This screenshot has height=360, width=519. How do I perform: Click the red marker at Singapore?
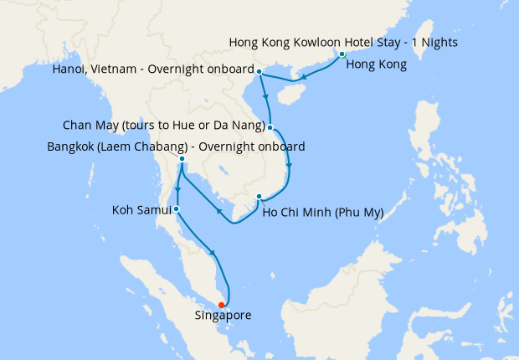221,305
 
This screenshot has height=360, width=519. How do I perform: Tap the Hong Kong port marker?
342,54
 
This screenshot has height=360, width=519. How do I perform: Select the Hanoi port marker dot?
259,71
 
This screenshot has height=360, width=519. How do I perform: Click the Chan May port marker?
270,127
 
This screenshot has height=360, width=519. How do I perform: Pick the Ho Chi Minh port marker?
259,198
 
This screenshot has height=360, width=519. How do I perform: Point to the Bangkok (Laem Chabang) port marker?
182,159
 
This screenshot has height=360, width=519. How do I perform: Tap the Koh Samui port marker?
176,208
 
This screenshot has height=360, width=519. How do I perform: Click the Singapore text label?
223,316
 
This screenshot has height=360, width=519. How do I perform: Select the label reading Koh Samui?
141,208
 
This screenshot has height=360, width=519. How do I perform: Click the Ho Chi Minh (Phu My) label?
322,213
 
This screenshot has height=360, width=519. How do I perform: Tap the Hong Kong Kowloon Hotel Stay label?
342,42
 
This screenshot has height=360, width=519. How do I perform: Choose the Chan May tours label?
163,126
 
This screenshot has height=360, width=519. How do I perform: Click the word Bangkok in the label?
72,146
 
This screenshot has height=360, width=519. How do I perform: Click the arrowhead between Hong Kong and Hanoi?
303,78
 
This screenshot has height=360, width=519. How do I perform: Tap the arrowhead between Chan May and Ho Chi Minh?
289,165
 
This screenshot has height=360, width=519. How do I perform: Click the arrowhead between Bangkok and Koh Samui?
177,191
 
